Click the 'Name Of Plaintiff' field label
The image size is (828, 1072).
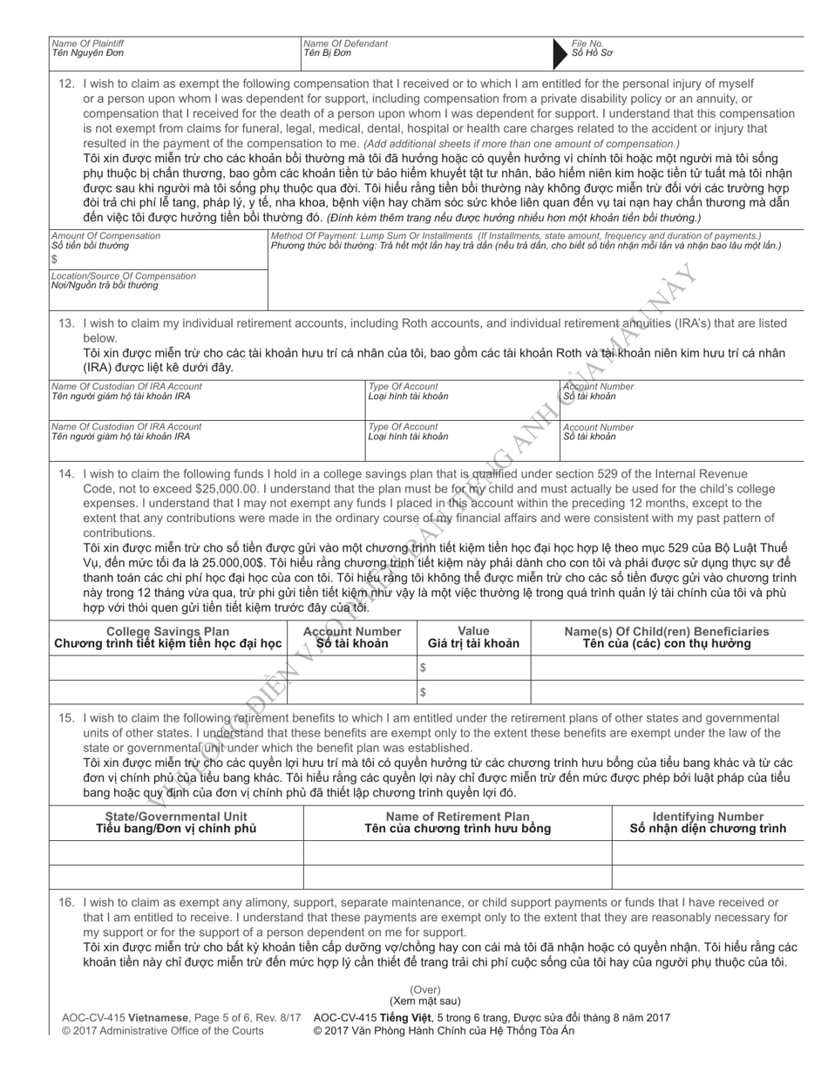click(87, 43)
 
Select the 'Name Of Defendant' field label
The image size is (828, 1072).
click(345, 43)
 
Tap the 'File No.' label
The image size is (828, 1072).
click(587, 43)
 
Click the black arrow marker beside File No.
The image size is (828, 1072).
click(560, 53)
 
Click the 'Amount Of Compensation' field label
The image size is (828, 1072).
click(105, 235)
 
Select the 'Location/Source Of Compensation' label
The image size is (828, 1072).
click(124, 275)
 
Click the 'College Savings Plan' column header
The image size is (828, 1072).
click(167, 631)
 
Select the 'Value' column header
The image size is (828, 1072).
click(473, 631)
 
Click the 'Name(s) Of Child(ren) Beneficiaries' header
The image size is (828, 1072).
click(667, 631)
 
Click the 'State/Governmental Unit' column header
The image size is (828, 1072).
click(176, 816)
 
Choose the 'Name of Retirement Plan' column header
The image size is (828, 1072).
click(458, 816)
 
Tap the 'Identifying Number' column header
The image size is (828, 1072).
click(708, 816)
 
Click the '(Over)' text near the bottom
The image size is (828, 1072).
click(425, 990)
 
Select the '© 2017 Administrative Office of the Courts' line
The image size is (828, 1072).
click(163, 1031)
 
